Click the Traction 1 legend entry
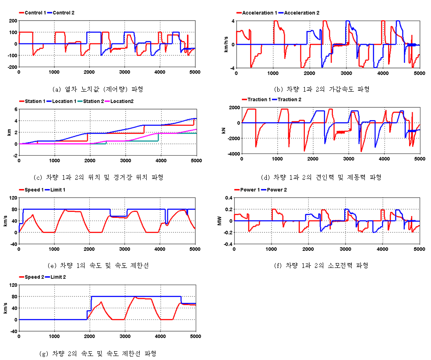click(257, 100)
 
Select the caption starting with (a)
click(97, 89)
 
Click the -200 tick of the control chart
click(11, 67)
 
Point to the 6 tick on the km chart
click(15, 109)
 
